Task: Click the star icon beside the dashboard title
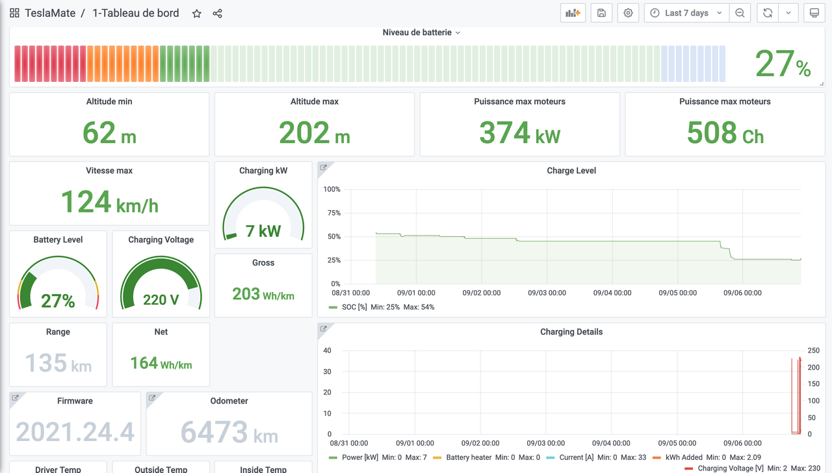click(197, 14)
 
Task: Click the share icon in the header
click(218, 14)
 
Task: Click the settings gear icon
click(628, 13)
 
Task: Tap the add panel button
click(573, 13)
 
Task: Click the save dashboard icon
click(601, 13)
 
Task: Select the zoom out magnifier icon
click(740, 13)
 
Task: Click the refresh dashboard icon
click(768, 13)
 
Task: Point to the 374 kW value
click(519, 133)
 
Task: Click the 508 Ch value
click(725, 133)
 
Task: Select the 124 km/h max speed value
click(109, 202)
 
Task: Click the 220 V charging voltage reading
click(161, 300)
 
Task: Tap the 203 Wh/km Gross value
click(263, 294)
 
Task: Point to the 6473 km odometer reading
click(229, 433)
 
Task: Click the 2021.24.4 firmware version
click(75, 433)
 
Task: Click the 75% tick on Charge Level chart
click(333, 213)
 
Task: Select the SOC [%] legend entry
click(355, 307)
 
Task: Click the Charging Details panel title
click(571, 332)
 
